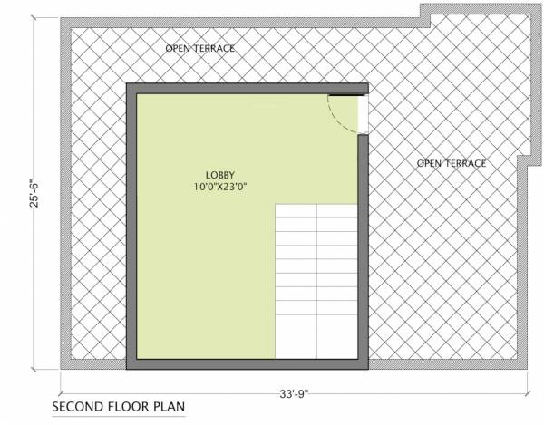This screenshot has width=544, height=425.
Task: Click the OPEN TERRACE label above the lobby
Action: click(x=200, y=46)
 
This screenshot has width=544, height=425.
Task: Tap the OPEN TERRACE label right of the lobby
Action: click(x=451, y=163)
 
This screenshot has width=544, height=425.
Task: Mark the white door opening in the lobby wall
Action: click(x=364, y=113)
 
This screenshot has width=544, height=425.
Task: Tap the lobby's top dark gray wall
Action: click(x=245, y=89)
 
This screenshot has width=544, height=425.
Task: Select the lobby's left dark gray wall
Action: click(x=131, y=227)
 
